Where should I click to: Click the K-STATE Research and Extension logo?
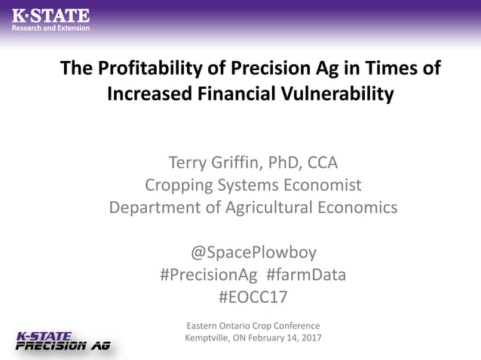(x=51, y=19)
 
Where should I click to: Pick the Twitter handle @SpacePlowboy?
(x=253, y=252)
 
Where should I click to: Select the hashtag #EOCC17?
(x=253, y=297)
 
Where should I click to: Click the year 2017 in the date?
(x=310, y=337)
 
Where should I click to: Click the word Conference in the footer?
(x=296, y=325)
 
